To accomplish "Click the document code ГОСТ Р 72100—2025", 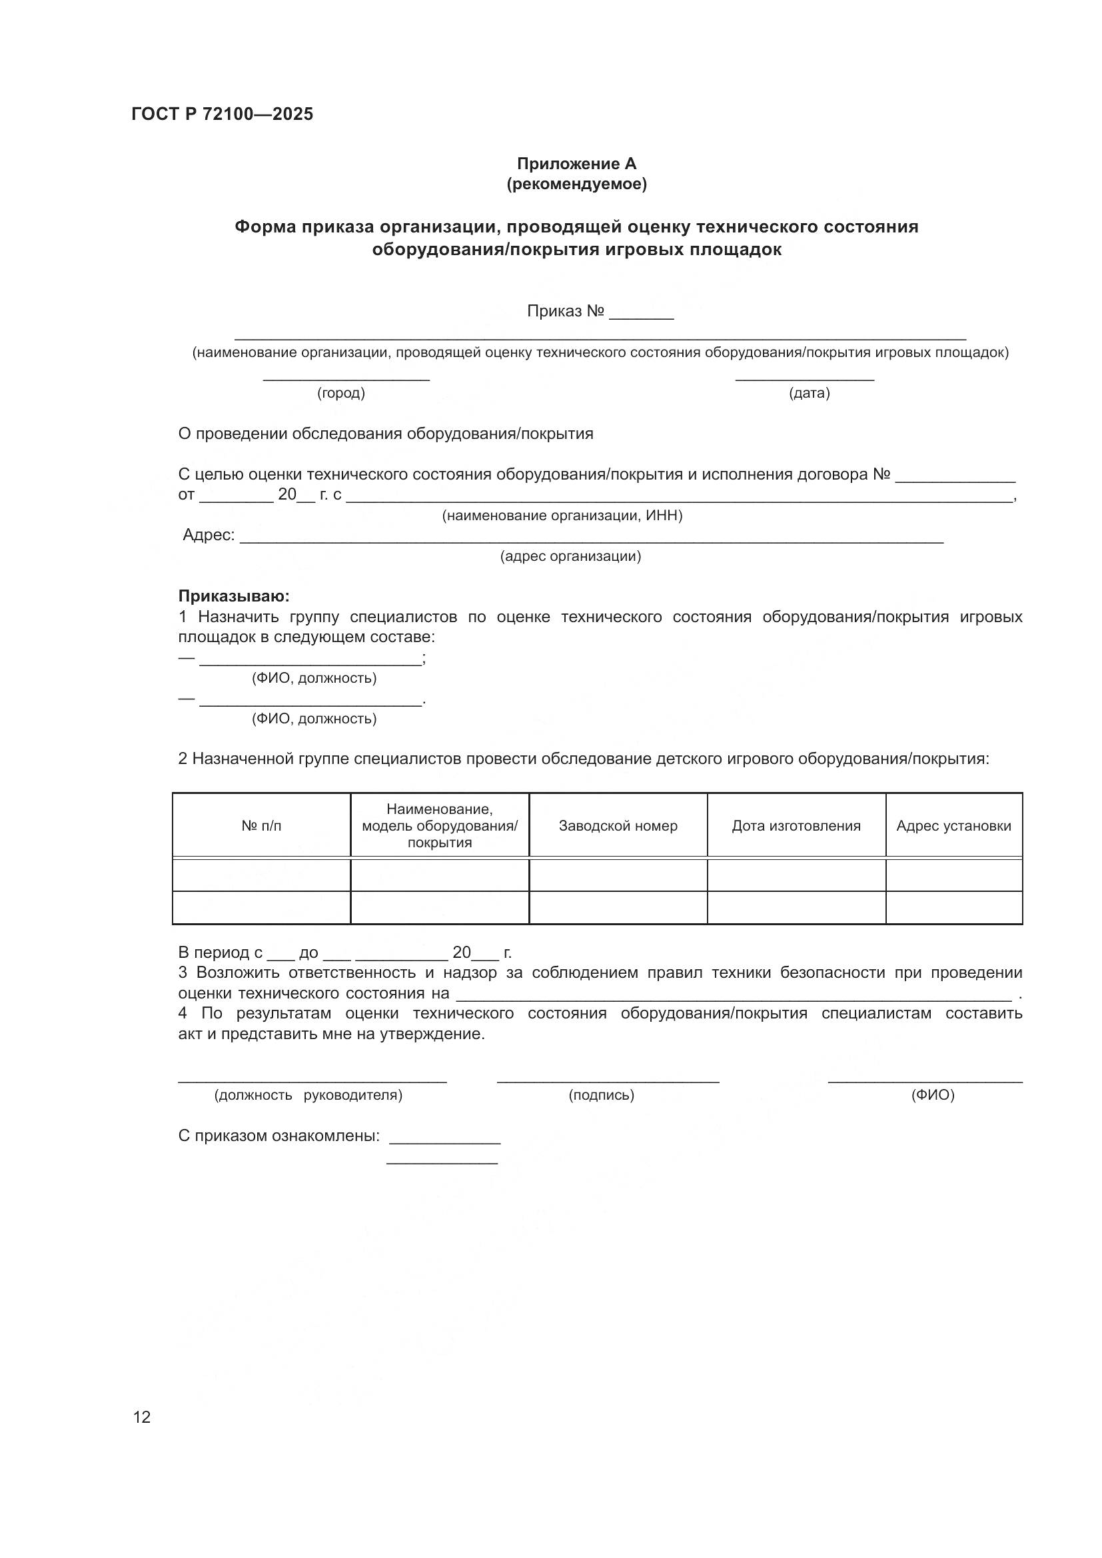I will pyautogui.click(x=222, y=114).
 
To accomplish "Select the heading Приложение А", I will pyautogui.click(x=576, y=164).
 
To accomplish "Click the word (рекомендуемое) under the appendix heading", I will pyautogui.click(x=576, y=184).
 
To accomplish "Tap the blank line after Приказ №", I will pyautogui.click(x=640, y=314).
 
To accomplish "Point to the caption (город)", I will pyautogui.click(x=340, y=393).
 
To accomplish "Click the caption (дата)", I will pyautogui.click(x=809, y=393).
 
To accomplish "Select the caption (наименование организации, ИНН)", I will pyautogui.click(x=562, y=516).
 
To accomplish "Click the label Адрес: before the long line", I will pyautogui.click(x=209, y=536).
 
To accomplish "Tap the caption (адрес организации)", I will pyautogui.click(x=570, y=556).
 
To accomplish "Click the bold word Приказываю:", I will pyautogui.click(x=233, y=595).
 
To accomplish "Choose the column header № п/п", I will pyautogui.click(x=261, y=826).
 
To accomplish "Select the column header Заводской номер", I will pyautogui.click(x=618, y=826).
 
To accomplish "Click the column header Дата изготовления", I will pyautogui.click(x=796, y=826).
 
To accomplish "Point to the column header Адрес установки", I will pyautogui.click(x=953, y=826).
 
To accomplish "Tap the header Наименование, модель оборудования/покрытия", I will pyautogui.click(x=439, y=826).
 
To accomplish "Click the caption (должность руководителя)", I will pyautogui.click(x=308, y=1095).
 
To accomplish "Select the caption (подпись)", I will pyautogui.click(x=601, y=1095).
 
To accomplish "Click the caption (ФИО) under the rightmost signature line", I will pyautogui.click(x=932, y=1095).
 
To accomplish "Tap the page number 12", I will pyautogui.click(x=142, y=1417).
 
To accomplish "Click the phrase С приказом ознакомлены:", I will pyautogui.click(x=278, y=1136).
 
